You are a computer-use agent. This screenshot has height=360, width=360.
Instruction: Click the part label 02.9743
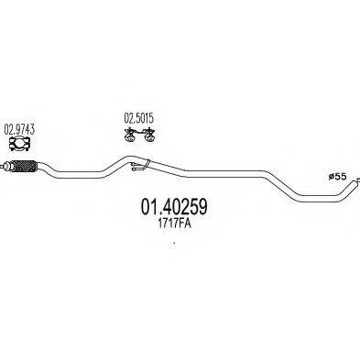coord(19,127)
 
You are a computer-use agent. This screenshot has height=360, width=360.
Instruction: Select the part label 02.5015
coord(137,118)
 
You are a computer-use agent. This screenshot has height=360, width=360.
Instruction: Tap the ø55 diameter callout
coord(336,176)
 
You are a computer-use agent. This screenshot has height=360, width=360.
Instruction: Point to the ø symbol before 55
coord(330,176)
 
